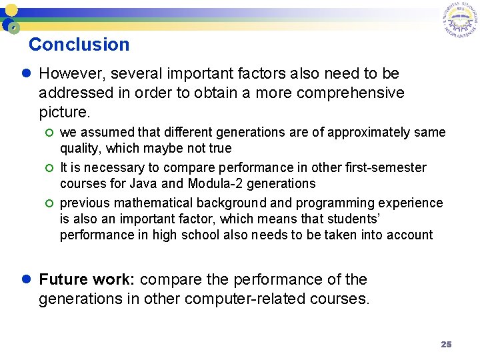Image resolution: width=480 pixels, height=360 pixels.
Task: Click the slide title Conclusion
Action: (79, 45)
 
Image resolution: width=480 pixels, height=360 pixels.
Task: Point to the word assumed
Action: (106, 133)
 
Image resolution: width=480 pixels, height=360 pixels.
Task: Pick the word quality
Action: (79, 148)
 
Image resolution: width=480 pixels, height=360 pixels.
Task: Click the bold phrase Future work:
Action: (87, 279)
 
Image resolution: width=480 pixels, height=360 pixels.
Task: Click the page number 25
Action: (446, 344)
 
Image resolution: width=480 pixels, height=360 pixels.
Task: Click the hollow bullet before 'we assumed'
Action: (49, 133)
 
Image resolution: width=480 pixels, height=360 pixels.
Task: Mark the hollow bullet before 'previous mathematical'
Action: (49, 203)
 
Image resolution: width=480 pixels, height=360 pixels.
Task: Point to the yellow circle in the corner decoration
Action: (11, 10)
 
